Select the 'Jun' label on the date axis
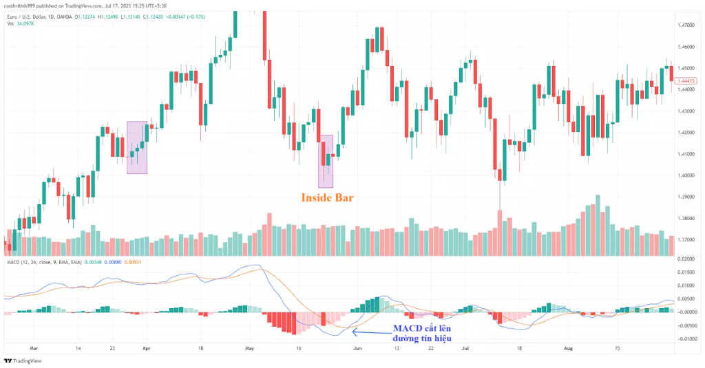(x=357, y=349)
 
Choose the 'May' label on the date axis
(x=249, y=349)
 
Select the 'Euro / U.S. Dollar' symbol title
(x=29, y=16)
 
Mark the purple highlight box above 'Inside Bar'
(x=326, y=161)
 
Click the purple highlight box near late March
(x=137, y=147)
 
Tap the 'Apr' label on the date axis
(x=146, y=349)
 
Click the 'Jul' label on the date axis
(x=465, y=349)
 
